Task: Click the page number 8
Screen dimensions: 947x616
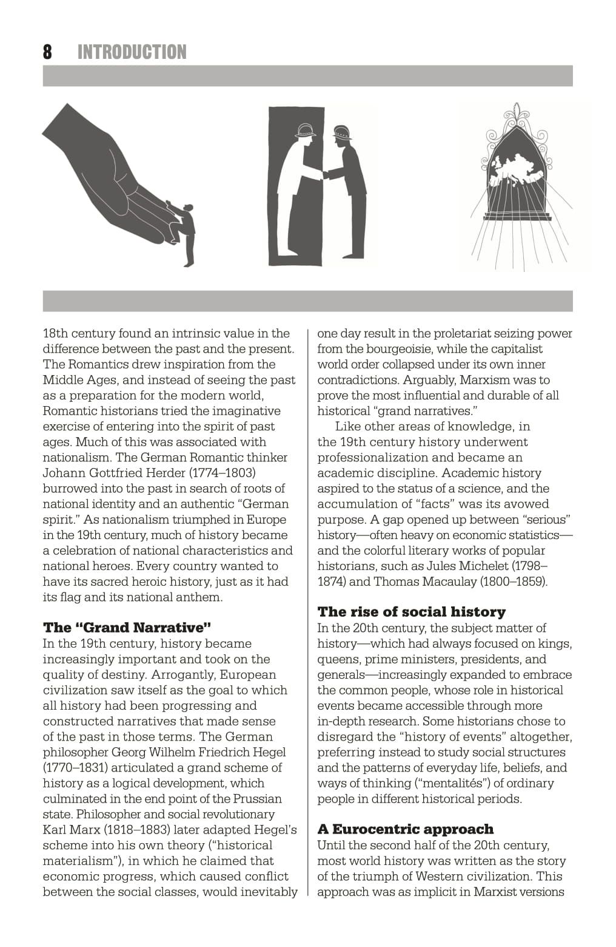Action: pyautogui.click(x=47, y=52)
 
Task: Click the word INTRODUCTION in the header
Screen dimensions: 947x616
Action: pyautogui.click(x=132, y=52)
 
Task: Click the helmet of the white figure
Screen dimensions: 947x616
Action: pyautogui.click(x=306, y=130)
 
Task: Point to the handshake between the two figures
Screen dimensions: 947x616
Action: pyautogui.click(x=324, y=175)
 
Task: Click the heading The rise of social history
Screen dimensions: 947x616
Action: pyautogui.click(x=411, y=612)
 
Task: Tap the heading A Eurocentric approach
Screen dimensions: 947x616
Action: pyautogui.click(x=405, y=829)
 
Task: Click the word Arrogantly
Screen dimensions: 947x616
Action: pyautogui.click(x=183, y=674)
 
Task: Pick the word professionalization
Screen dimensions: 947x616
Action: pyautogui.click(x=372, y=458)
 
